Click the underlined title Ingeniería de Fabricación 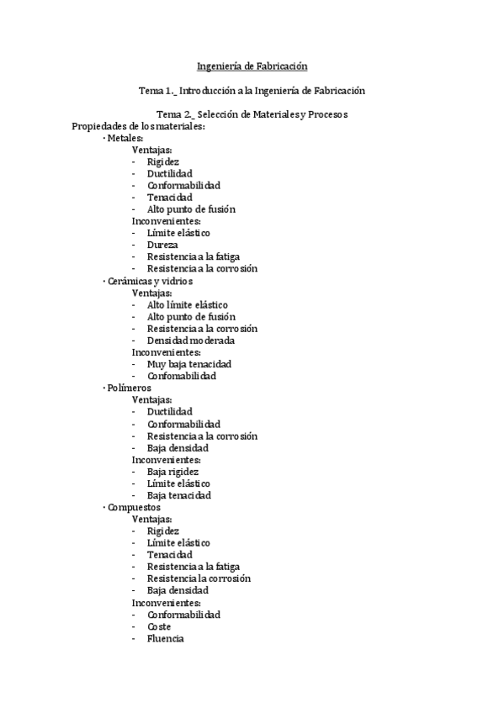(252, 66)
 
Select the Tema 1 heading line (252, 90)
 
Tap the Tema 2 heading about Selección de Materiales (252, 114)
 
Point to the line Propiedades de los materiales (139, 126)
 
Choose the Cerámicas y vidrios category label (150, 281)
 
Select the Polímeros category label (130, 388)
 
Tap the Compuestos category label (134, 508)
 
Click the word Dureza (162, 245)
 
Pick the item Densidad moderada (190, 341)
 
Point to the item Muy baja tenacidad (188, 364)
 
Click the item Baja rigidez (172, 472)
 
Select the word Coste (159, 626)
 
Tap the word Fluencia (165, 638)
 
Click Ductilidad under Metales (169, 173)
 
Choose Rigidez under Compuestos (163, 531)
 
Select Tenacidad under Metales (169, 198)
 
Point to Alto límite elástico (187, 304)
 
